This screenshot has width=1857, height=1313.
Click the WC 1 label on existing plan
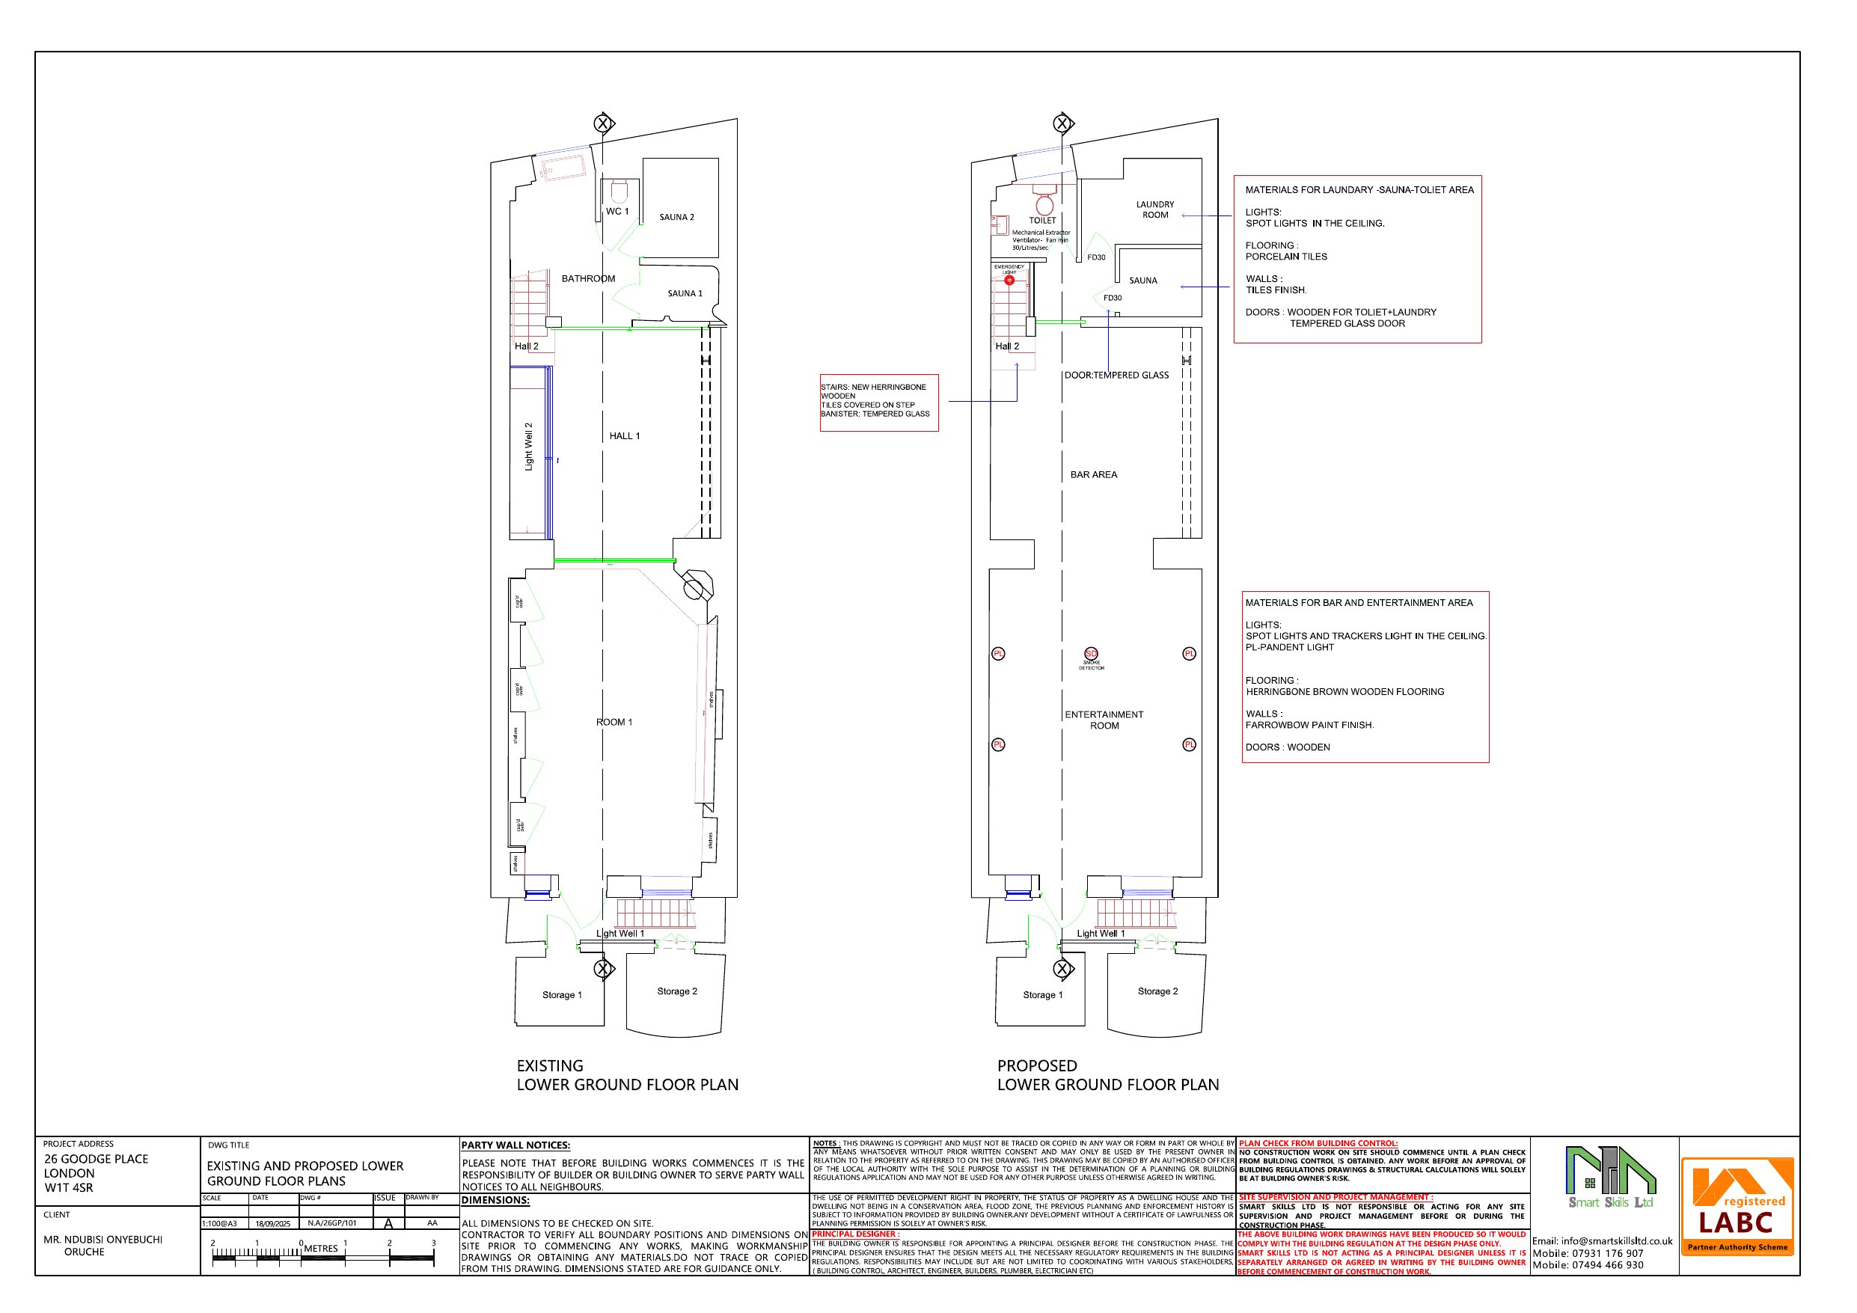pyautogui.click(x=617, y=212)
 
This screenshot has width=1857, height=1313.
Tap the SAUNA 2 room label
pyautogui.click(x=676, y=218)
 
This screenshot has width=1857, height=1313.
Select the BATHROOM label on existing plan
pyautogui.click(x=588, y=279)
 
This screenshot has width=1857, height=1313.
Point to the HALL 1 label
pyautogui.click(x=625, y=436)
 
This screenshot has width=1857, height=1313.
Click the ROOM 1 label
pyautogui.click(x=614, y=723)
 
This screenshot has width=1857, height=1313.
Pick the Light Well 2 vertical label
pyautogui.click(x=529, y=447)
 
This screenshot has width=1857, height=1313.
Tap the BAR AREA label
pyautogui.click(x=1094, y=475)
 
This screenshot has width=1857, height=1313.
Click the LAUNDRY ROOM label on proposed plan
pyautogui.click(x=1155, y=210)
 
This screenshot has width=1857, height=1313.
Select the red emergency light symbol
pyautogui.click(x=1009, y=281)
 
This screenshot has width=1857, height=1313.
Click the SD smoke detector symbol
pyautogui.click(x=1091, y=654)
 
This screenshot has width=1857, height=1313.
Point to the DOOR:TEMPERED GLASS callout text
pyautogui.click(x=1116, y=376)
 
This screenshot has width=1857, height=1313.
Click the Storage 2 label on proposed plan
pyautogui.click(x=1157, y=991)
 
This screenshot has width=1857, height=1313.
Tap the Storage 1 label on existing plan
pyautogui.click(x=561, y=995)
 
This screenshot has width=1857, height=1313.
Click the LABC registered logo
pyautogui.click(x=1737, y=1206)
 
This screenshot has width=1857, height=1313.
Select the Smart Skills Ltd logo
pyautogui.click(x=1609, y=1178)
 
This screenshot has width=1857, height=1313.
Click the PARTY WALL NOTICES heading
pyautogui.click(x=516, y=1145)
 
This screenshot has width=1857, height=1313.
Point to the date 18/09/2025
pyautogui.click(x=272, y=1224)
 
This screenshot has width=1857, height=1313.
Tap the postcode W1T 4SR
pyautogui.click(x=69, y=1187)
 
